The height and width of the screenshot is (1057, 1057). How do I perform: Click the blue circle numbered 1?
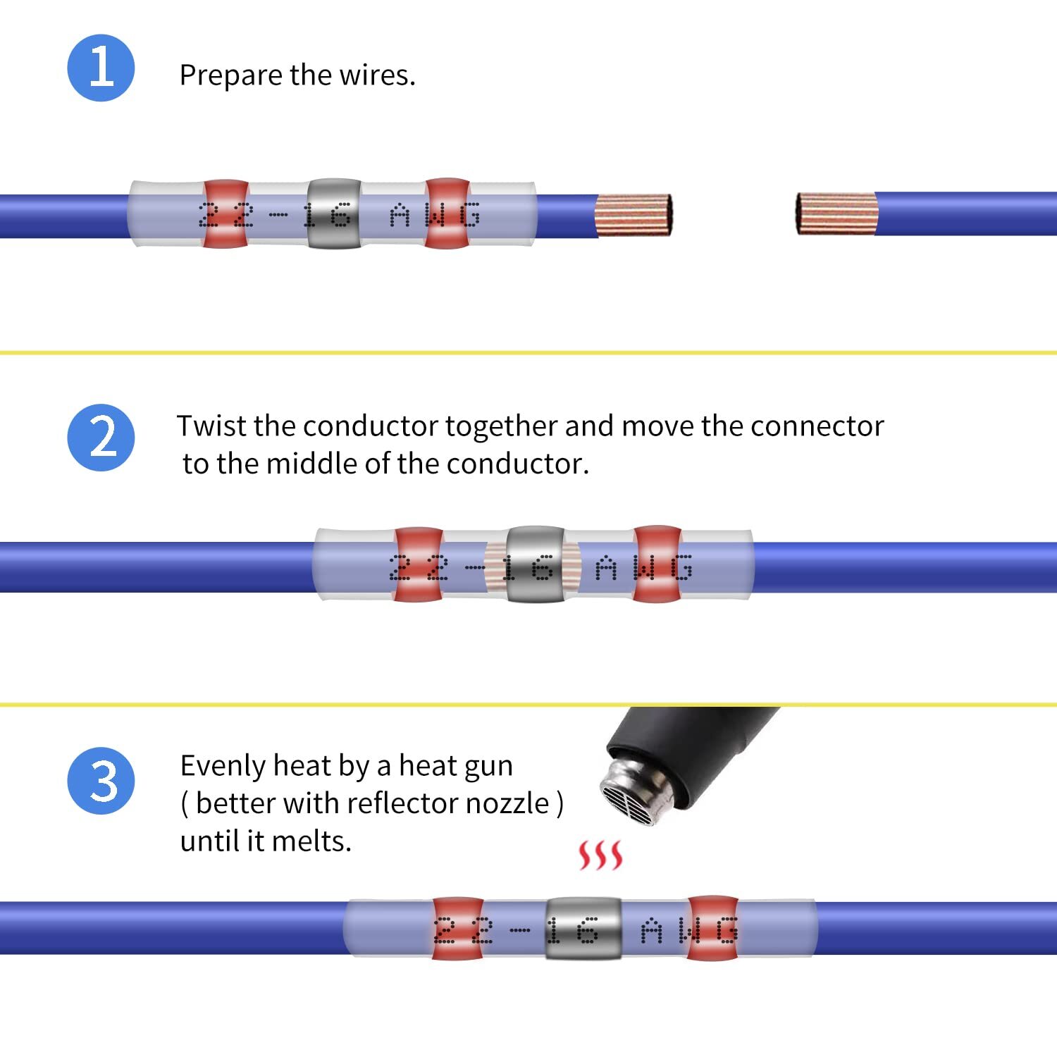[x=101, y=68]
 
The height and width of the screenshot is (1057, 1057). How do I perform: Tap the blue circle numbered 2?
[x=101, y=437]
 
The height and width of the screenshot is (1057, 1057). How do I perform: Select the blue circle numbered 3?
[x=101, y=781]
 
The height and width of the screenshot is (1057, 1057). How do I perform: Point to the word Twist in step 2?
[x=212, y=426]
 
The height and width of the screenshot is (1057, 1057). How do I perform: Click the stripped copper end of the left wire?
[x=633, y=215]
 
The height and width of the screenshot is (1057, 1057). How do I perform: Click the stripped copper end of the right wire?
[x=836, y=213]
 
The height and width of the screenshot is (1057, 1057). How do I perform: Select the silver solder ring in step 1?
[x=334, y=213]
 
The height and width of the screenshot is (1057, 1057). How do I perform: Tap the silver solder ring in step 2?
[x=536, y=564]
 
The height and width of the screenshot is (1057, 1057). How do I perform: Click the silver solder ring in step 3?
[x=583, y=928]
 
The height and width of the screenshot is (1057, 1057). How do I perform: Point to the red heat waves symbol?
[x=600, y=855]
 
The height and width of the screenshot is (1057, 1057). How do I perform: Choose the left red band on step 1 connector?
[x=226, y=214]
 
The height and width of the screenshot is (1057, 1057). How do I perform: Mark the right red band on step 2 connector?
[x=657, y=564]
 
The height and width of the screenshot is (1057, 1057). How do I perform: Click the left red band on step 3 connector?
[x=457, y=928]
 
